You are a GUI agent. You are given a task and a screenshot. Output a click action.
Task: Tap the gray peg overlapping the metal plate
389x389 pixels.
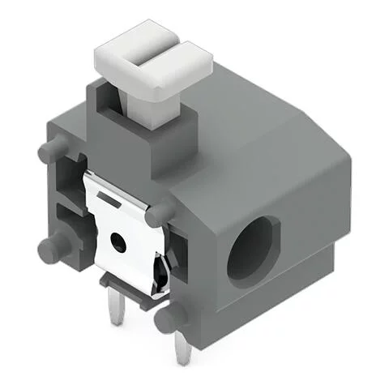(x=160, y=213)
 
